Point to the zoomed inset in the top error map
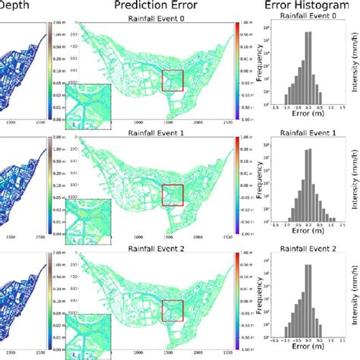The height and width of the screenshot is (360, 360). click(x=89, y=103)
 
